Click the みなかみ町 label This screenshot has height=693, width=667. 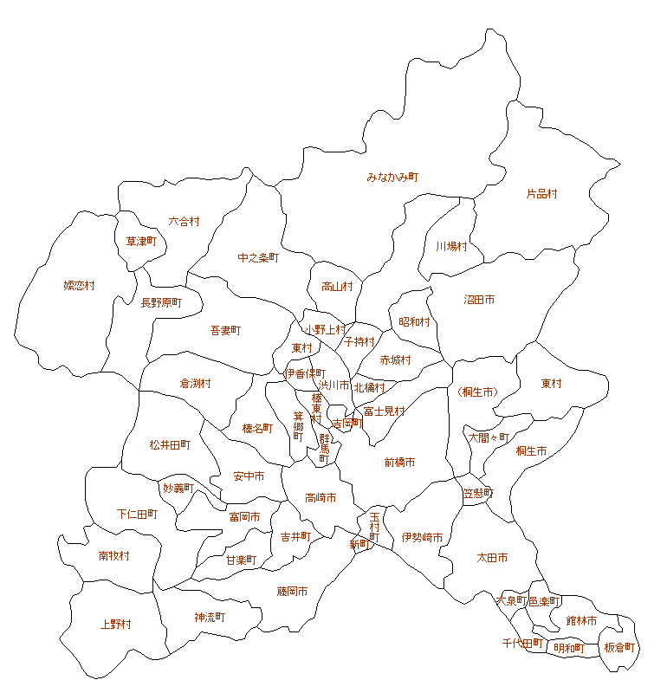(x=392, y=177)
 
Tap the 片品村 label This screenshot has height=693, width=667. (x=542, y=194)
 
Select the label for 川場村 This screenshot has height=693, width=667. (x=451, y=246)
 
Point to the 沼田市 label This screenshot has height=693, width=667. (x=479, y=300)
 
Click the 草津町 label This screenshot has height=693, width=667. (x=141, y=241)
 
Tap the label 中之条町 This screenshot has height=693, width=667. (x=258, y=257)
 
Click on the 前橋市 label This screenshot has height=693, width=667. (x=399, y=463)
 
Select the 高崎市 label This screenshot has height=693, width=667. (x=321, y=497)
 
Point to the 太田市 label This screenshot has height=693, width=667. (x=492, y=557)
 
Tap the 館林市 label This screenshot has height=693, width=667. (x=582, y=620)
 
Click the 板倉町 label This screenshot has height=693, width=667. (x=619, y=647)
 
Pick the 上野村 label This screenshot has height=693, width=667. (x=116, y=624)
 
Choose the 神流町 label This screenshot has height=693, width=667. (x=210, y=617)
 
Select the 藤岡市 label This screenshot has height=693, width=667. (x=292, y=591)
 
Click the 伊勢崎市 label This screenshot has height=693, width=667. (x=422, y=538)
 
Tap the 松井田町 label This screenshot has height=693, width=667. (x=170, y=444)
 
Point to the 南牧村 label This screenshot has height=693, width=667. (x=114, y=555)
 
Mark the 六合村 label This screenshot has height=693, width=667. (x=184, y=221)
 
